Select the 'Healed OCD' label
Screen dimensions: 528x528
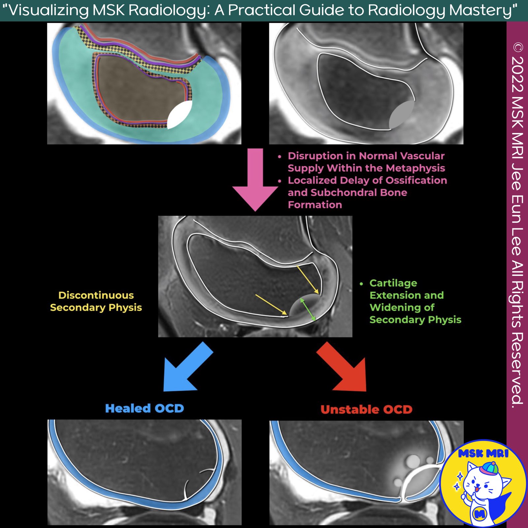tap(144, 409)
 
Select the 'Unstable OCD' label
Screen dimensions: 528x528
tap(366, 410)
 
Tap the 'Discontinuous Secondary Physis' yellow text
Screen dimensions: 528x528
tap(96, 301)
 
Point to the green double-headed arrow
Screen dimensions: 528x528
tap(308, 309)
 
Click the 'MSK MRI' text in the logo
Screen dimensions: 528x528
tap(483, 453)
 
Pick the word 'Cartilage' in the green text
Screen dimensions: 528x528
tap(393, 283)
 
